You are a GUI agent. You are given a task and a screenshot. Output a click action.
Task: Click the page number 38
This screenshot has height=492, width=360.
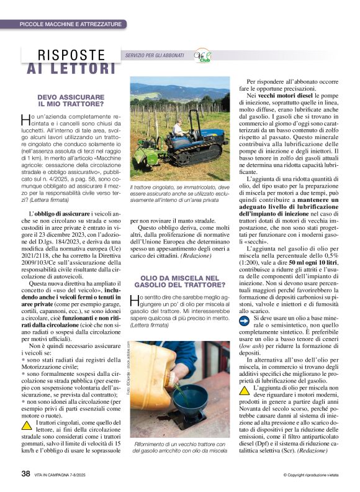(25, 474)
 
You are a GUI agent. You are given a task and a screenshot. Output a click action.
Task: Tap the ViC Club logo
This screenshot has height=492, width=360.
(202, 56)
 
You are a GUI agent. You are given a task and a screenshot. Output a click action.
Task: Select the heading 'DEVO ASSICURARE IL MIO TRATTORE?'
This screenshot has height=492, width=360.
(71, 101)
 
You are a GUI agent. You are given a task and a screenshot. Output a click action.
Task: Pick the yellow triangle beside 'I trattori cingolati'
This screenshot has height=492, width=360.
(25, 426)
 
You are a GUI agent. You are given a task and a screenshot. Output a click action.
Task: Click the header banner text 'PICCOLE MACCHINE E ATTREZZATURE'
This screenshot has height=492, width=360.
(70, 24)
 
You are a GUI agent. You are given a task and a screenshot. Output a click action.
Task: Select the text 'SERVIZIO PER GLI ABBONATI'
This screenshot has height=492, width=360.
(155, 56)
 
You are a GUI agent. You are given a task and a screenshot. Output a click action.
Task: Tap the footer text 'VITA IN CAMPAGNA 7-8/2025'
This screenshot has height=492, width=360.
(66, 475)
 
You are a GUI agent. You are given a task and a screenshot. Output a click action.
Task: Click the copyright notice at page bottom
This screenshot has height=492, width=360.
(308, 475)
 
